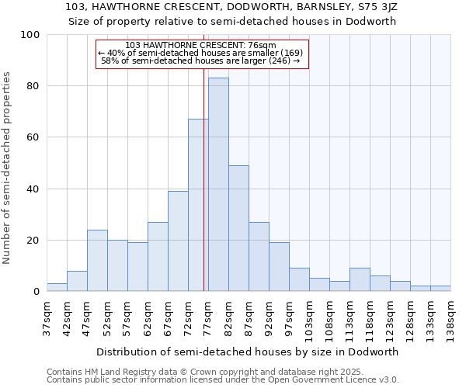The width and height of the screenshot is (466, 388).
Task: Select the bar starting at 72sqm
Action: click(x=198, y=206)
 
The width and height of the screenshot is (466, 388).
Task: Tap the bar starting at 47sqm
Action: click(x=97, y=261)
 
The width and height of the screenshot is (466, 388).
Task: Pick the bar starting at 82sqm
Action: click(x=238, y=228)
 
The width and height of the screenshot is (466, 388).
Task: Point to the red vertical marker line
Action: click(x=203, y=178)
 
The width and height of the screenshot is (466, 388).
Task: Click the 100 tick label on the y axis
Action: click(x=30, y=35)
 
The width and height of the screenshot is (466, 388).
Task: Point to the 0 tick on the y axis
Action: click(x=37, y=292)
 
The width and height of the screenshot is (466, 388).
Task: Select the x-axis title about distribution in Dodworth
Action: click(x=249, y=352)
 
